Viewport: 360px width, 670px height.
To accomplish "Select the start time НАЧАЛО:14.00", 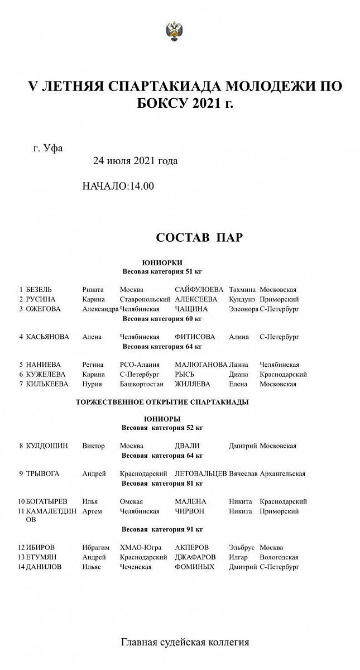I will click(x=118, y=186).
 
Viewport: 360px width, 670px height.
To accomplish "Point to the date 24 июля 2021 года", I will click(x=135, y=161).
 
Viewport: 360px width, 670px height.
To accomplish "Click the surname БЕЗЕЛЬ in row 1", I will click(x=39, y=290).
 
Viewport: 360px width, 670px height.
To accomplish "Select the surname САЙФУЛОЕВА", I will click(x=199, y=290).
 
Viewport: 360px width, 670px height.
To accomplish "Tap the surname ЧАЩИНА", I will click(x=191, y=309).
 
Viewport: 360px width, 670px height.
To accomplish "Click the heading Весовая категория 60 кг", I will click(x=162, y=319).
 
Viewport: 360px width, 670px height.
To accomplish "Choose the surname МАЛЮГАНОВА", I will click(x=201, y=365).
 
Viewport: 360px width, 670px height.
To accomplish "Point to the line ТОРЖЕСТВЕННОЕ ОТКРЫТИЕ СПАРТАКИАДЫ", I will click(x=162, y=401).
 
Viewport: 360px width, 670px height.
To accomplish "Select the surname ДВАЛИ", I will click(x=187, y=446).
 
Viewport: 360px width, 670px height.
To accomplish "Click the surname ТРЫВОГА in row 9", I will click(x=42, y=474).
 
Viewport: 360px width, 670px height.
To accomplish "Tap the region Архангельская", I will click(x=282, y=474).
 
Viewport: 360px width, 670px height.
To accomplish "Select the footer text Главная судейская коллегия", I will click(x=185, y=642).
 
